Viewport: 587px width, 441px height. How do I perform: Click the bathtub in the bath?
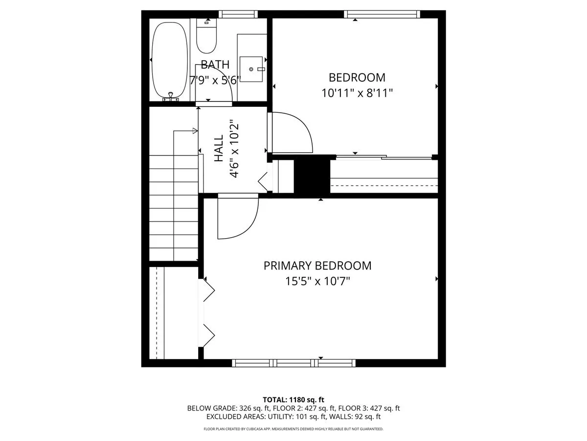(169, 61)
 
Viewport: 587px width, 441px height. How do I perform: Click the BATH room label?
(215, 64)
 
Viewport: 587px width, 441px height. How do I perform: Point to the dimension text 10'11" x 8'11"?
(357, 93)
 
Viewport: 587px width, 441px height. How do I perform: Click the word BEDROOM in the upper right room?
(357, 77)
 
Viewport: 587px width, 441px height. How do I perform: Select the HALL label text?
(218, 149)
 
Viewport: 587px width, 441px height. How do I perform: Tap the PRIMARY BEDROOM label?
(317, 266)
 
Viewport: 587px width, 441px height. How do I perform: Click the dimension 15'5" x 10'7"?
(317, 281)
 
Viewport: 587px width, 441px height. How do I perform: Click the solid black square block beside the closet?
(312, 174)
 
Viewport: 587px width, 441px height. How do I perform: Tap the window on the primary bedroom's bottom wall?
(293, 363)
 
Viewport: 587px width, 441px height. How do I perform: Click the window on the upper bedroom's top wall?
(382, 14)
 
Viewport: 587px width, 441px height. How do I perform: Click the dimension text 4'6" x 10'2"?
(234, 149)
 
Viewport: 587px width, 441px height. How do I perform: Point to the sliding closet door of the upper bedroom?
(384, 157)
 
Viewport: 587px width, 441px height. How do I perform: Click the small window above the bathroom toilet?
(238, 14)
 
